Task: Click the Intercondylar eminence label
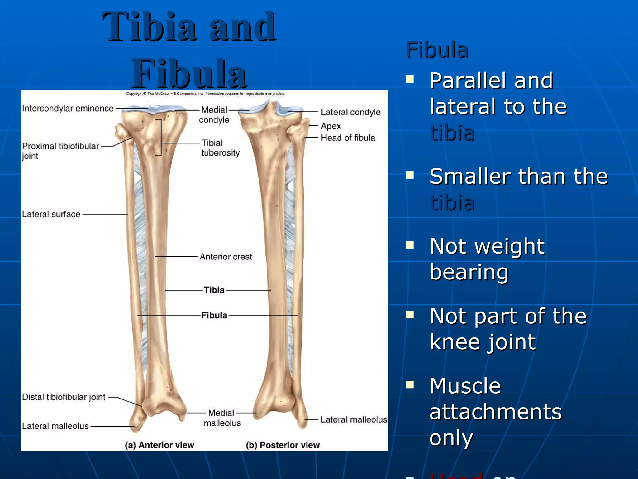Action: pos(68,108)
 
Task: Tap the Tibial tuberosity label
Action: pos(220,148)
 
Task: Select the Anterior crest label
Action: pos(226,257)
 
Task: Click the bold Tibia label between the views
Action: pos(214,290)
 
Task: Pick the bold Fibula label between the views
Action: pos(214,315)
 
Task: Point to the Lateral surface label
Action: pos(51,214)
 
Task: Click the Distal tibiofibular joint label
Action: pos(64,397)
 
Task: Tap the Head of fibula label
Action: pos(348,138)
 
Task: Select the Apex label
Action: pos(331,126)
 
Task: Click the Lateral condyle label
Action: pos(350,112)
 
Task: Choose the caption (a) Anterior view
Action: pos(159,445)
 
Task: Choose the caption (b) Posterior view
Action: pos(283,445)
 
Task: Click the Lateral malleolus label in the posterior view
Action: pos(354,420)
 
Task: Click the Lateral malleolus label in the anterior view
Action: pos(55,426)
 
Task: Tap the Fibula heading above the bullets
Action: pos(437,50)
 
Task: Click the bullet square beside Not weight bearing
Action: pos(410,245)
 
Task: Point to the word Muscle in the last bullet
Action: pos(465,386)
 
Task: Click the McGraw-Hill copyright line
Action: pos(205,94)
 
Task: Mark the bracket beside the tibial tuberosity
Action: pos(160,137)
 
